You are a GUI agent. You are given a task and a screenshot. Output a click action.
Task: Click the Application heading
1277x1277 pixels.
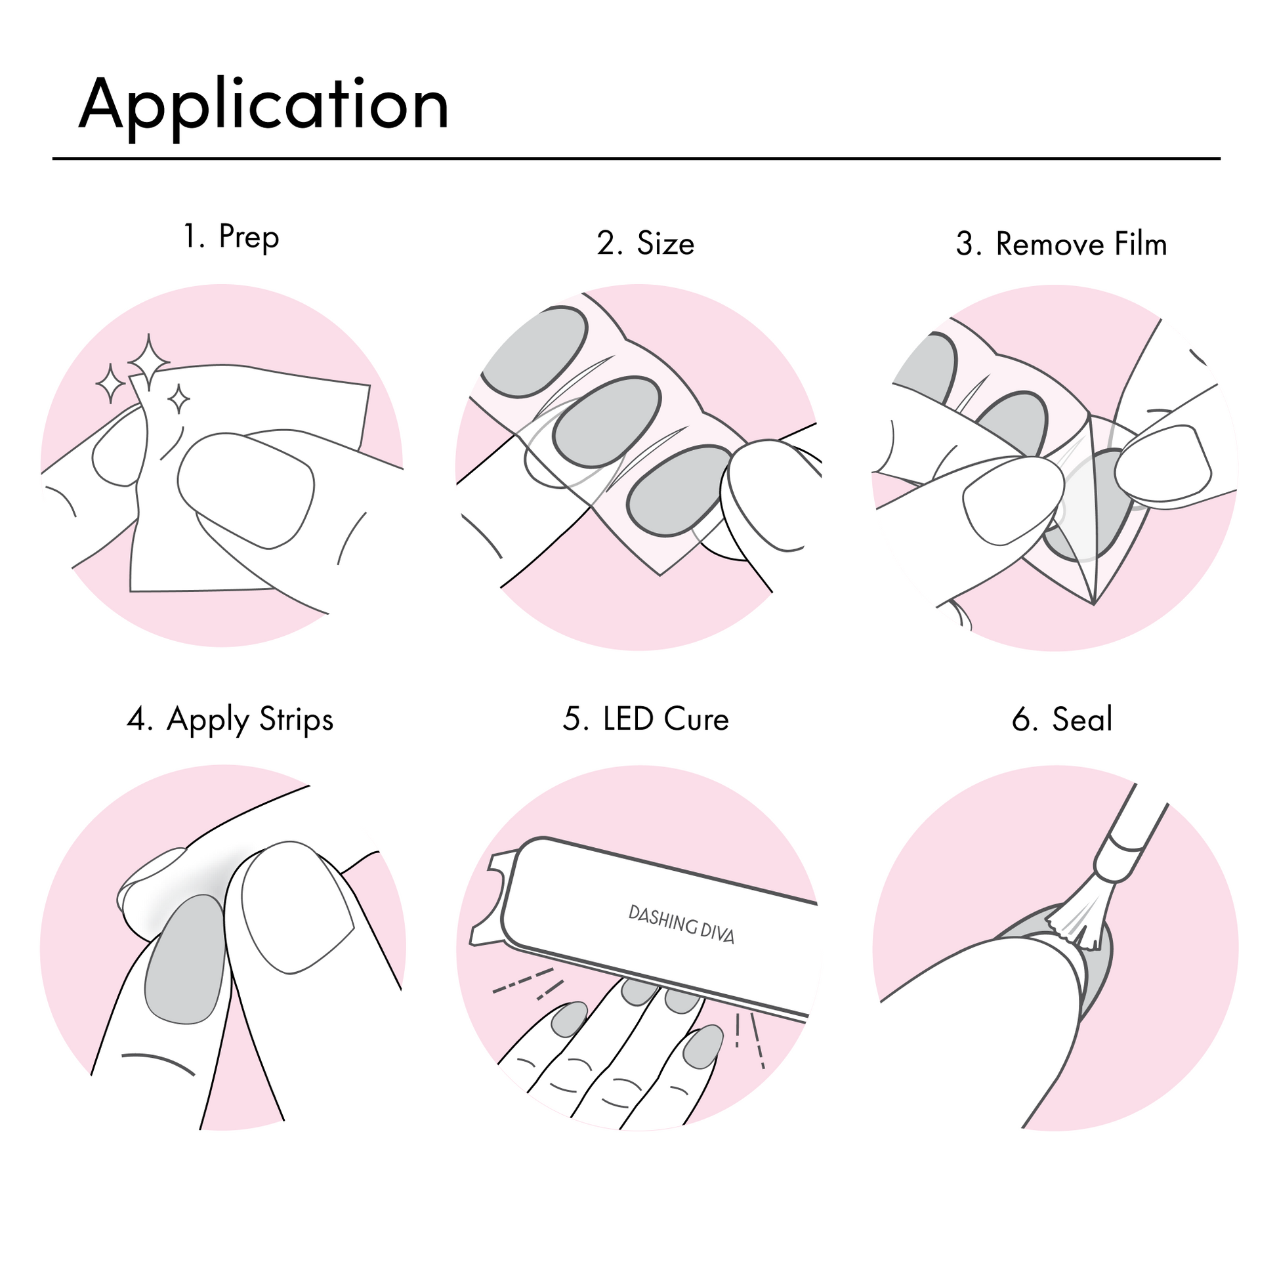(x=264, y=106)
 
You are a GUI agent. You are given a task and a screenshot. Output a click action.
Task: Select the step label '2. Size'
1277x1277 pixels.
(x=645, y=243)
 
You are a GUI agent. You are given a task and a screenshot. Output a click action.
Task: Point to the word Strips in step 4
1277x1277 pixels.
(x=296, y=720)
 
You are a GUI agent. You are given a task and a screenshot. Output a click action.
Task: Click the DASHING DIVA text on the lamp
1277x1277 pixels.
(x=681, y=925)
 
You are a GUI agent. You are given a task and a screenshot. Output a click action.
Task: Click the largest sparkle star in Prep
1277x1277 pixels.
(x=149, y=362)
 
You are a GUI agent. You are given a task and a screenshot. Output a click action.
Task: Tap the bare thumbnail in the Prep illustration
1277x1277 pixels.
(x=246, y=490)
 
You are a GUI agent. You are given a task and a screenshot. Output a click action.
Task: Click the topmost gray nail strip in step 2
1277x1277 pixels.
(x=534, y=352)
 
